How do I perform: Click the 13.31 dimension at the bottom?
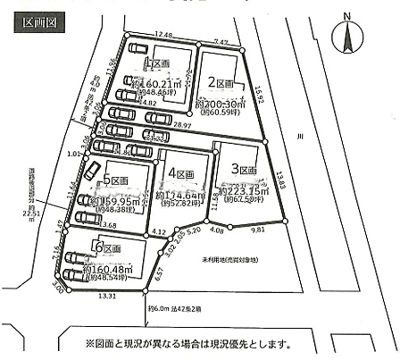click(107, 296)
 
